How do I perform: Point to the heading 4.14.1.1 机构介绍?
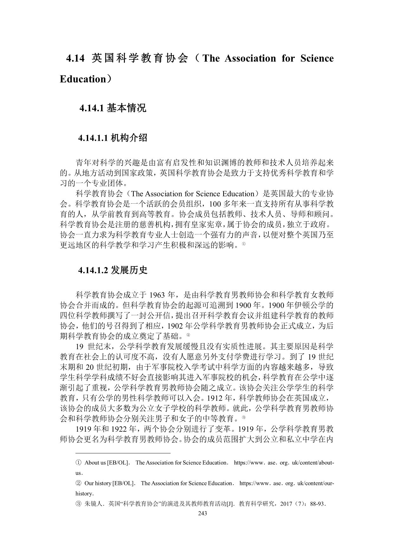tap(113, 138)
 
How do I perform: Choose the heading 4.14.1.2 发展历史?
tap(113, 270)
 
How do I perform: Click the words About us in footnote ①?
tap(95, 463)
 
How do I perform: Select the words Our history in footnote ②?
tap(98, 483)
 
